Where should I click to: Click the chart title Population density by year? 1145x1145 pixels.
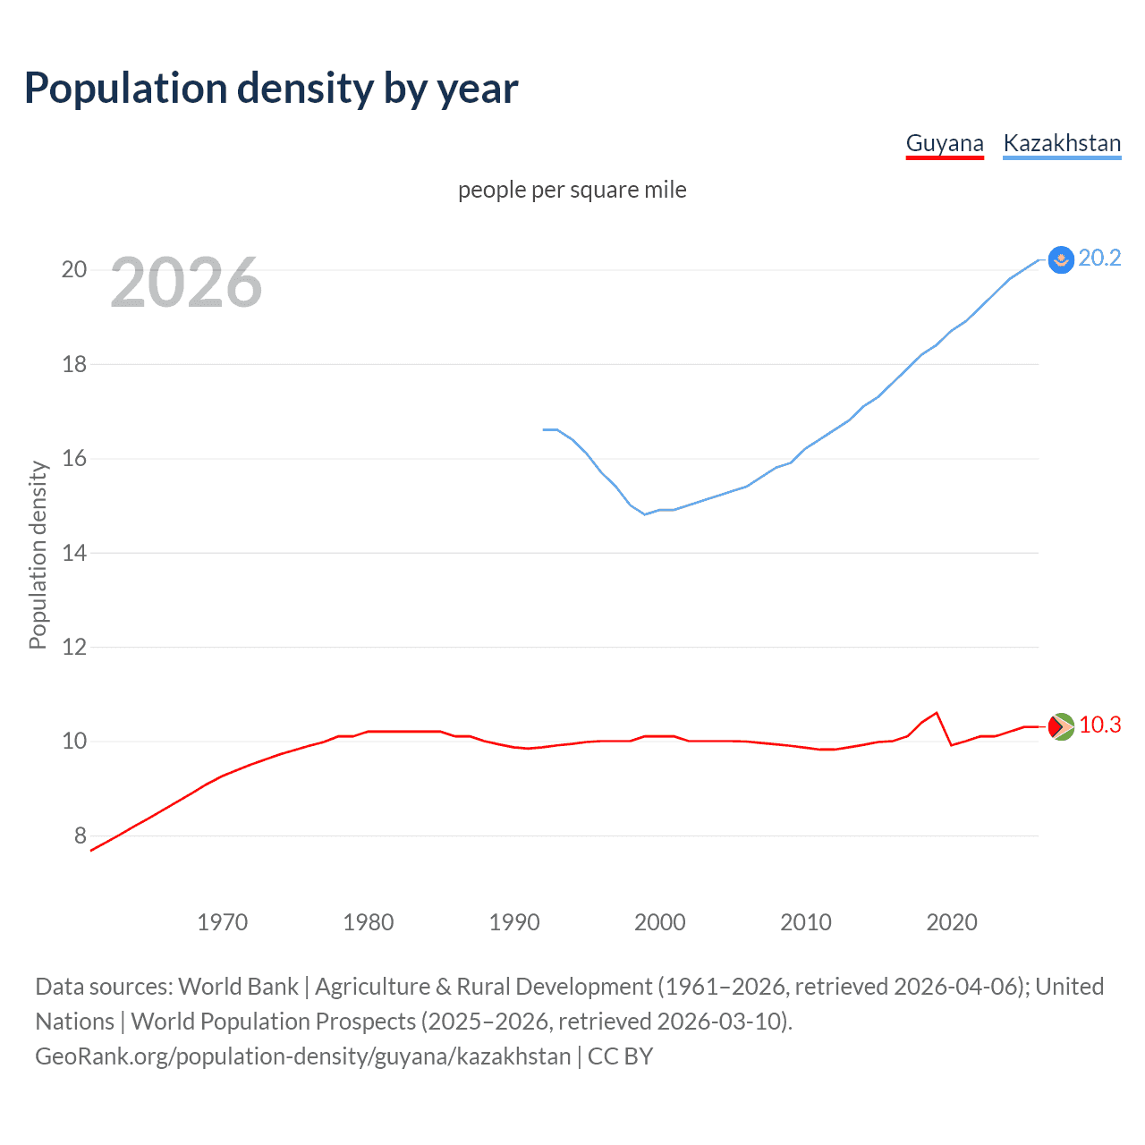(271, 89)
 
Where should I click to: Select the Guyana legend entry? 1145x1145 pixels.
(945, 143)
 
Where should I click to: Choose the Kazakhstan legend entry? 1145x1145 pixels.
(1062, 143)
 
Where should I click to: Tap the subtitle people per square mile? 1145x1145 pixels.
(572, 190)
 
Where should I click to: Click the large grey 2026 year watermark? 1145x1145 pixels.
(186, 283)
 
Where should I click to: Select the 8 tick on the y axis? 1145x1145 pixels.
(81, 835)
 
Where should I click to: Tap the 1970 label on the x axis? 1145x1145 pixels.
(222, 922)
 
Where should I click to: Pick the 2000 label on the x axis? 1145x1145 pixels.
(660, 922)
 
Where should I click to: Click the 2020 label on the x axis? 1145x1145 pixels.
(952, 922)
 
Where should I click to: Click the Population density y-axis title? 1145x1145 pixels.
(38, 555)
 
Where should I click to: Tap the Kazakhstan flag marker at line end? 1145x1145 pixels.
(1061, 259)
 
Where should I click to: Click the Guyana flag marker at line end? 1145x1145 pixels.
(1061, 726)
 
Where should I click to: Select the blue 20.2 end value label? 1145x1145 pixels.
(1099, 258)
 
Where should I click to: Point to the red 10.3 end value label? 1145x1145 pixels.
(1099, 725)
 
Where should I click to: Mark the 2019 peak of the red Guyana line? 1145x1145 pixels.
(937, 713)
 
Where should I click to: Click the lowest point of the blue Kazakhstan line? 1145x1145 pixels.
(645, 514)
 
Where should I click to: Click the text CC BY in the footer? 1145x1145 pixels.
(620, 1056)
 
